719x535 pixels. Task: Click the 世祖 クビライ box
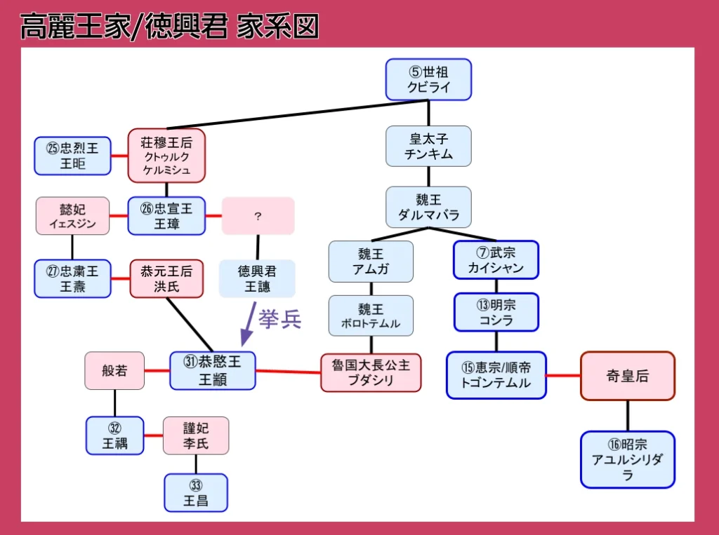point(428,79)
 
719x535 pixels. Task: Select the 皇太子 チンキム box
point(428,146)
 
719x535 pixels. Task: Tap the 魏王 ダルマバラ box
point(428,207)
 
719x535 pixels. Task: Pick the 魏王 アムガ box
point(371,261)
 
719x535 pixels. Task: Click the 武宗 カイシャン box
point(496,260)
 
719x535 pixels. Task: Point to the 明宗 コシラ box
point(496,312)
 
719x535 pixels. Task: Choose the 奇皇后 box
point(627,376)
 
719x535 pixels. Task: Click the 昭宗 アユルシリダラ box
point(627,459)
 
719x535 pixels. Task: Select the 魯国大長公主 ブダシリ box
point(371,372)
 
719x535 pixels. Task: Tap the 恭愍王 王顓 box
point(213,370)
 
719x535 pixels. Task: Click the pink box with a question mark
point(258,216)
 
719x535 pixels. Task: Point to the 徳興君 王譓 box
point(257,278)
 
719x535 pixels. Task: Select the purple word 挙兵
point(279,319)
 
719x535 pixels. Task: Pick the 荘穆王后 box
point(166,155)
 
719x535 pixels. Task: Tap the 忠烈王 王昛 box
point(73,156)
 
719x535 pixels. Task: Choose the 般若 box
point(114,370)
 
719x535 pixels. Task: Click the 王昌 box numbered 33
point(196,492)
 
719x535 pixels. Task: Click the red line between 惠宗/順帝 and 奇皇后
point(563,376)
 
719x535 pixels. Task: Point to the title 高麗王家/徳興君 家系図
point(169,27)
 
